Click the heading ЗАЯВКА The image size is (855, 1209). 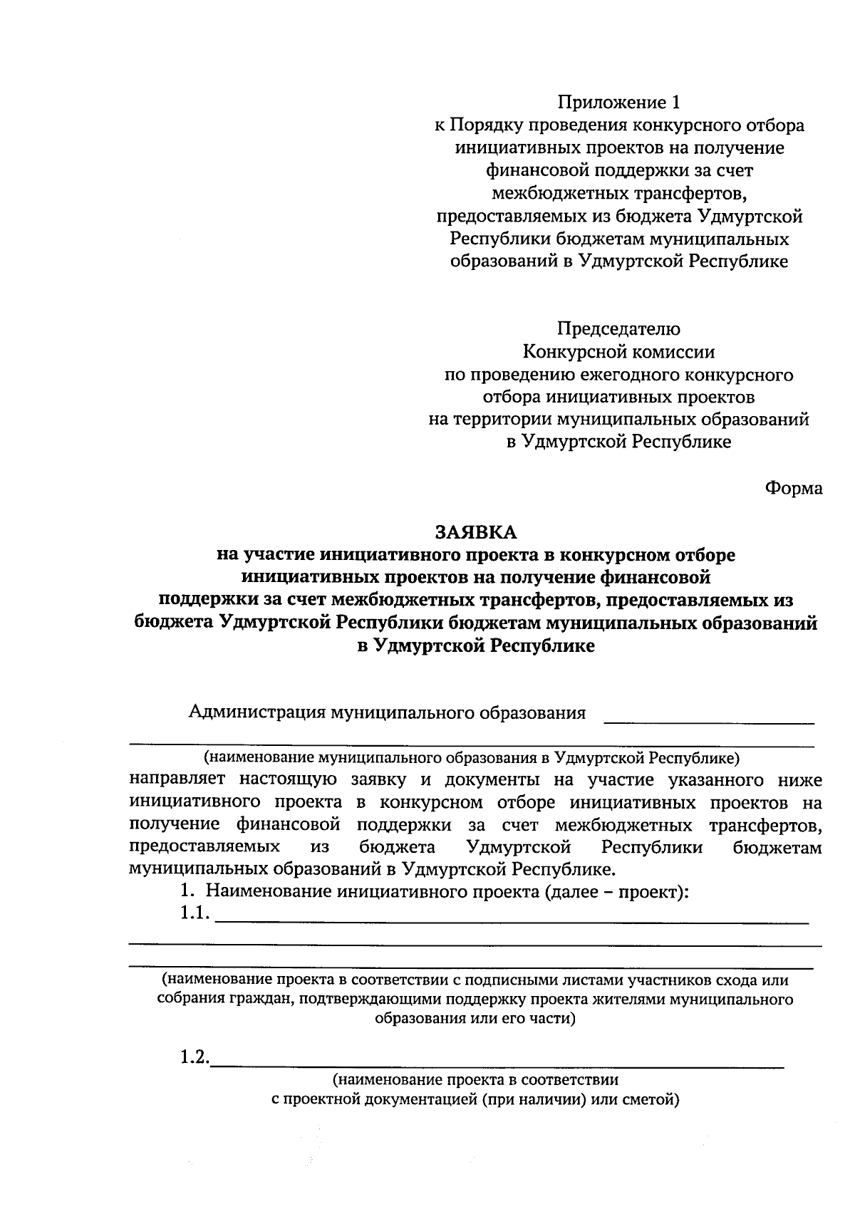[x=475, y=532]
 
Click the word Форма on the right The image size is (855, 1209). [x=794, y=488]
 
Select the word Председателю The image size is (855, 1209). [x=618, y=329]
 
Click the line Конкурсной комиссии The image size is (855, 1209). [x=618, y=352]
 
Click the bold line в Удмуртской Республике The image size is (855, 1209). [x=475, y=646]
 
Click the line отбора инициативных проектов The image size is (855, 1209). [x=618, y=397]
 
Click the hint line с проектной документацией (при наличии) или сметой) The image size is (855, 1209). [x=475, y=1100]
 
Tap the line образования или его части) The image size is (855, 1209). [x=475, y=1018]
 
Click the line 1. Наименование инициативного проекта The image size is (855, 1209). [x=434, y=891]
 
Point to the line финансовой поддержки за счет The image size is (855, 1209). [x=619, y=170]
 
